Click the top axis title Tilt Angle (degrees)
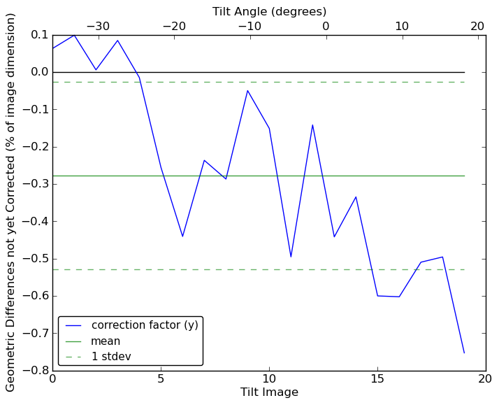pos(269,11)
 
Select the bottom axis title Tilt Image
pos(269,392)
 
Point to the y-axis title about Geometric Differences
pos(11,202)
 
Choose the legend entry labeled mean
pos(106,341)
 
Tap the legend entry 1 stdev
pos(111,357)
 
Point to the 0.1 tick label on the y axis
pos(38,35)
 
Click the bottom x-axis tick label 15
pos(377,380)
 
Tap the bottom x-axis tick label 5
pos(161,380)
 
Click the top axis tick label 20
pos(477,27)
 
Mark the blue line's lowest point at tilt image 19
pos(464,353)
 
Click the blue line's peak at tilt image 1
pos(74,34)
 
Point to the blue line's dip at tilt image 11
pos(291,257)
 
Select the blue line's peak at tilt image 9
pos(247,90)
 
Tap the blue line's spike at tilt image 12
pos(312,125)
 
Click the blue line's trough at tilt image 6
pos(182,236)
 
